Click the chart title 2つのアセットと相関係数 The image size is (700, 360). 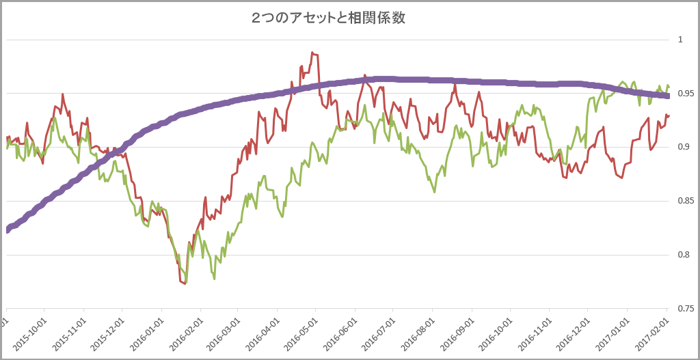click(x=328, y=18)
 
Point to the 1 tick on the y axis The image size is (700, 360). click(x=680, y=40)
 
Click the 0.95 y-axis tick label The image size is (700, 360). click(x=684, y=93)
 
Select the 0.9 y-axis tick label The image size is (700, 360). click(x=682, y=147)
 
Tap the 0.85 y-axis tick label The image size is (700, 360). click(x=684, y=201)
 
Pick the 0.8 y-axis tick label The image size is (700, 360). click(x=682, y=255)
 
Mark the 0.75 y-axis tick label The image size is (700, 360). click(x=684, y=309)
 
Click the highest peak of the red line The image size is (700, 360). click(x=312, y=52)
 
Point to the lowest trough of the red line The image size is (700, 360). click(x=185, y=283)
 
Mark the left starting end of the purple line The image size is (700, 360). click(x=7, y=230)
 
